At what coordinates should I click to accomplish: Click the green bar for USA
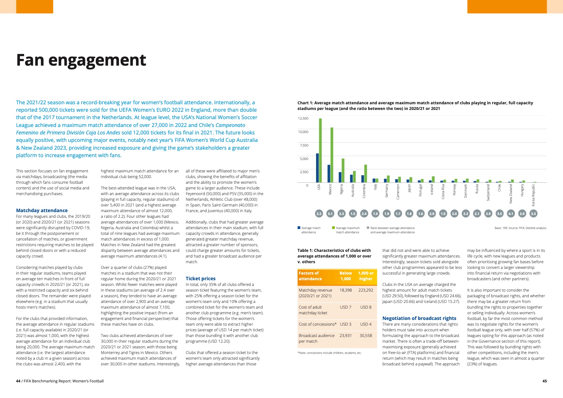(320, 150)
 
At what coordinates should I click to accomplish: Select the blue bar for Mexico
(329, 173)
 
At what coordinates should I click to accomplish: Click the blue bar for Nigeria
(340, 177)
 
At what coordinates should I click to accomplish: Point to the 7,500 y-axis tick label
(304, 145)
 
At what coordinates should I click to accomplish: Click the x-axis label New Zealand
(511, 194)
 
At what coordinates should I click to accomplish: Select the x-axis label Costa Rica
(443, 192)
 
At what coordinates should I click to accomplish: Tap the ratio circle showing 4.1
(511, 214)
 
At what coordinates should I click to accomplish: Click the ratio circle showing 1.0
(375, 214)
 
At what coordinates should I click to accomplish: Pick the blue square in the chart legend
(299, 228)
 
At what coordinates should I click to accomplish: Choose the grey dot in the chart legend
(368, 228)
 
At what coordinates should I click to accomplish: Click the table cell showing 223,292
(366, 290)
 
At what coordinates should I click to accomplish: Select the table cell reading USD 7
(346, 307)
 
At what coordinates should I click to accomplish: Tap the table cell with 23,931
(346, 336)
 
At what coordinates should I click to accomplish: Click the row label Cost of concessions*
(318, 324)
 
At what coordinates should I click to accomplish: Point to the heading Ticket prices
(200, 279)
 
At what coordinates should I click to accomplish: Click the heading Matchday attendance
(42, 211)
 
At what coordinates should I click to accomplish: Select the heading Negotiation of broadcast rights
(419, 319)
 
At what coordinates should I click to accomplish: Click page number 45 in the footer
(545, 381)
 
